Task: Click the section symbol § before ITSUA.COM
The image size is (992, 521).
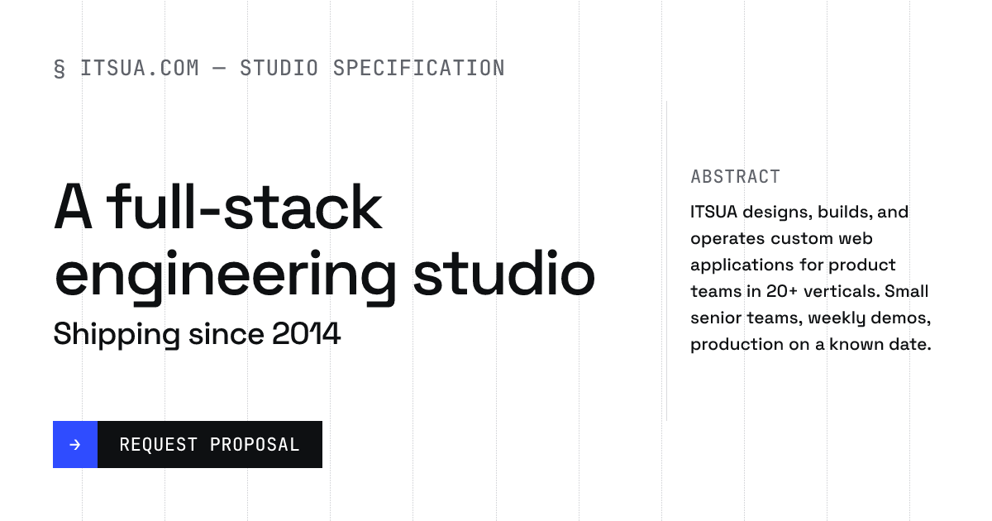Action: [x=60, y=69]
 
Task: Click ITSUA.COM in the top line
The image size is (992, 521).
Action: [x=140, y=68]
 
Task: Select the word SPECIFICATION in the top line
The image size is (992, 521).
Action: [x=419, y=68]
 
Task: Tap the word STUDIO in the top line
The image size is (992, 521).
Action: [x=279, y=68]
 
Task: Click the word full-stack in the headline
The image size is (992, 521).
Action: [x=244, y=207]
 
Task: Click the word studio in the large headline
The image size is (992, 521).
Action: [x=504, y=272]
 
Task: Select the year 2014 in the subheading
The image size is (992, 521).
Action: [x=306, y=333]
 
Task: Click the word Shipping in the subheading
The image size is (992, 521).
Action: [x=117, y=335]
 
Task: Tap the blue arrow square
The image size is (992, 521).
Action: [x=75, y=444]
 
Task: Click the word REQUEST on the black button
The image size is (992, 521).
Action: [x=158, y=445]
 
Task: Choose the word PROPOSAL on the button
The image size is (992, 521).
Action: [x=255, y=445]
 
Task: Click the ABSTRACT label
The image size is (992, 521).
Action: [x=735, y=177]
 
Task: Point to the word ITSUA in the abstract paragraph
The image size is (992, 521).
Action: [x=714, y=212]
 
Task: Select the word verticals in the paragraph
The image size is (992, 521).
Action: [x=842, y=291]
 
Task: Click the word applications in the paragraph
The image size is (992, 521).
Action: [x=742, y=265]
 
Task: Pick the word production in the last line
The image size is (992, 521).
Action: [x=737, y=345]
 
